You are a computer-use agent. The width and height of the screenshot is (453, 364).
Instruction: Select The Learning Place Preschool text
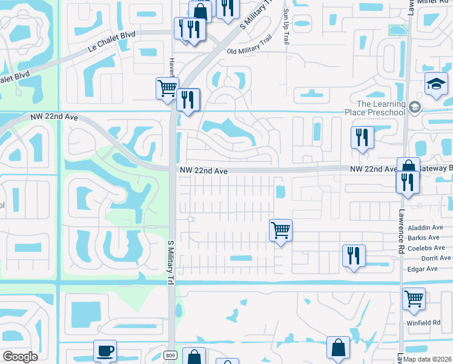pos(374,108)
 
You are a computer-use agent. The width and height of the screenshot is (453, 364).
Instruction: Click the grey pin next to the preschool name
pos(415,107)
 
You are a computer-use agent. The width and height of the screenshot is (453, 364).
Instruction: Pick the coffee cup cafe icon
pos(105,351)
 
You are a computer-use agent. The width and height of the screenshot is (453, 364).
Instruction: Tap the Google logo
pos(20,357)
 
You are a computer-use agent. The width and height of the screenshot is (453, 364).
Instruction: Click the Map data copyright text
pos(426,359)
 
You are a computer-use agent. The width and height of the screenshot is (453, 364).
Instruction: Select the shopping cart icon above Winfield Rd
pos(414,298)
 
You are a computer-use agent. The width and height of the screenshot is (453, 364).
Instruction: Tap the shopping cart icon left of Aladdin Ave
pos(280,230)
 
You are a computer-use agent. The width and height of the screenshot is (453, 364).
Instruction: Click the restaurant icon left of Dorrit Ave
pos(354,255)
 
